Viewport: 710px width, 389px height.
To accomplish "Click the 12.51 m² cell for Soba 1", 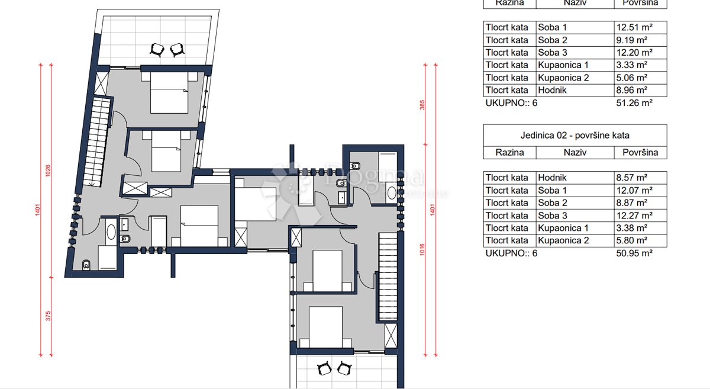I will click(634, 27).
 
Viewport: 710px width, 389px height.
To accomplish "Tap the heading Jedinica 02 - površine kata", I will click(575, 136).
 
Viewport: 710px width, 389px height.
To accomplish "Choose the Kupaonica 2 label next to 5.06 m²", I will click(563, 78).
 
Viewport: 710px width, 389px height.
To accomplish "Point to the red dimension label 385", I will click(422, 105).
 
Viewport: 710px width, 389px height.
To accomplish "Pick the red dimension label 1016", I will click(422, 251).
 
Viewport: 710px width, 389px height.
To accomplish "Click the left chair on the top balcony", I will click(157, 49).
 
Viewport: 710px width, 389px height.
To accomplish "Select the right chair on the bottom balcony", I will click(344, 368).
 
